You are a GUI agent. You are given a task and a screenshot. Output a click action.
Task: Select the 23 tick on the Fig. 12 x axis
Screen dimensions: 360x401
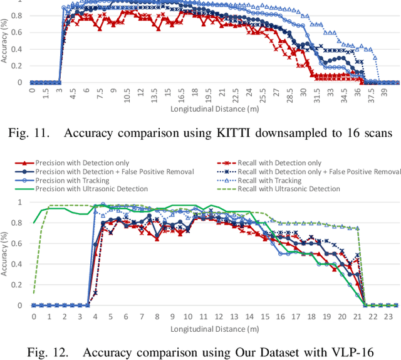click(388, 317)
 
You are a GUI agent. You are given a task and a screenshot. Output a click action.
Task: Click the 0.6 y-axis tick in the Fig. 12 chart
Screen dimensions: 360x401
click(22, 243)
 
